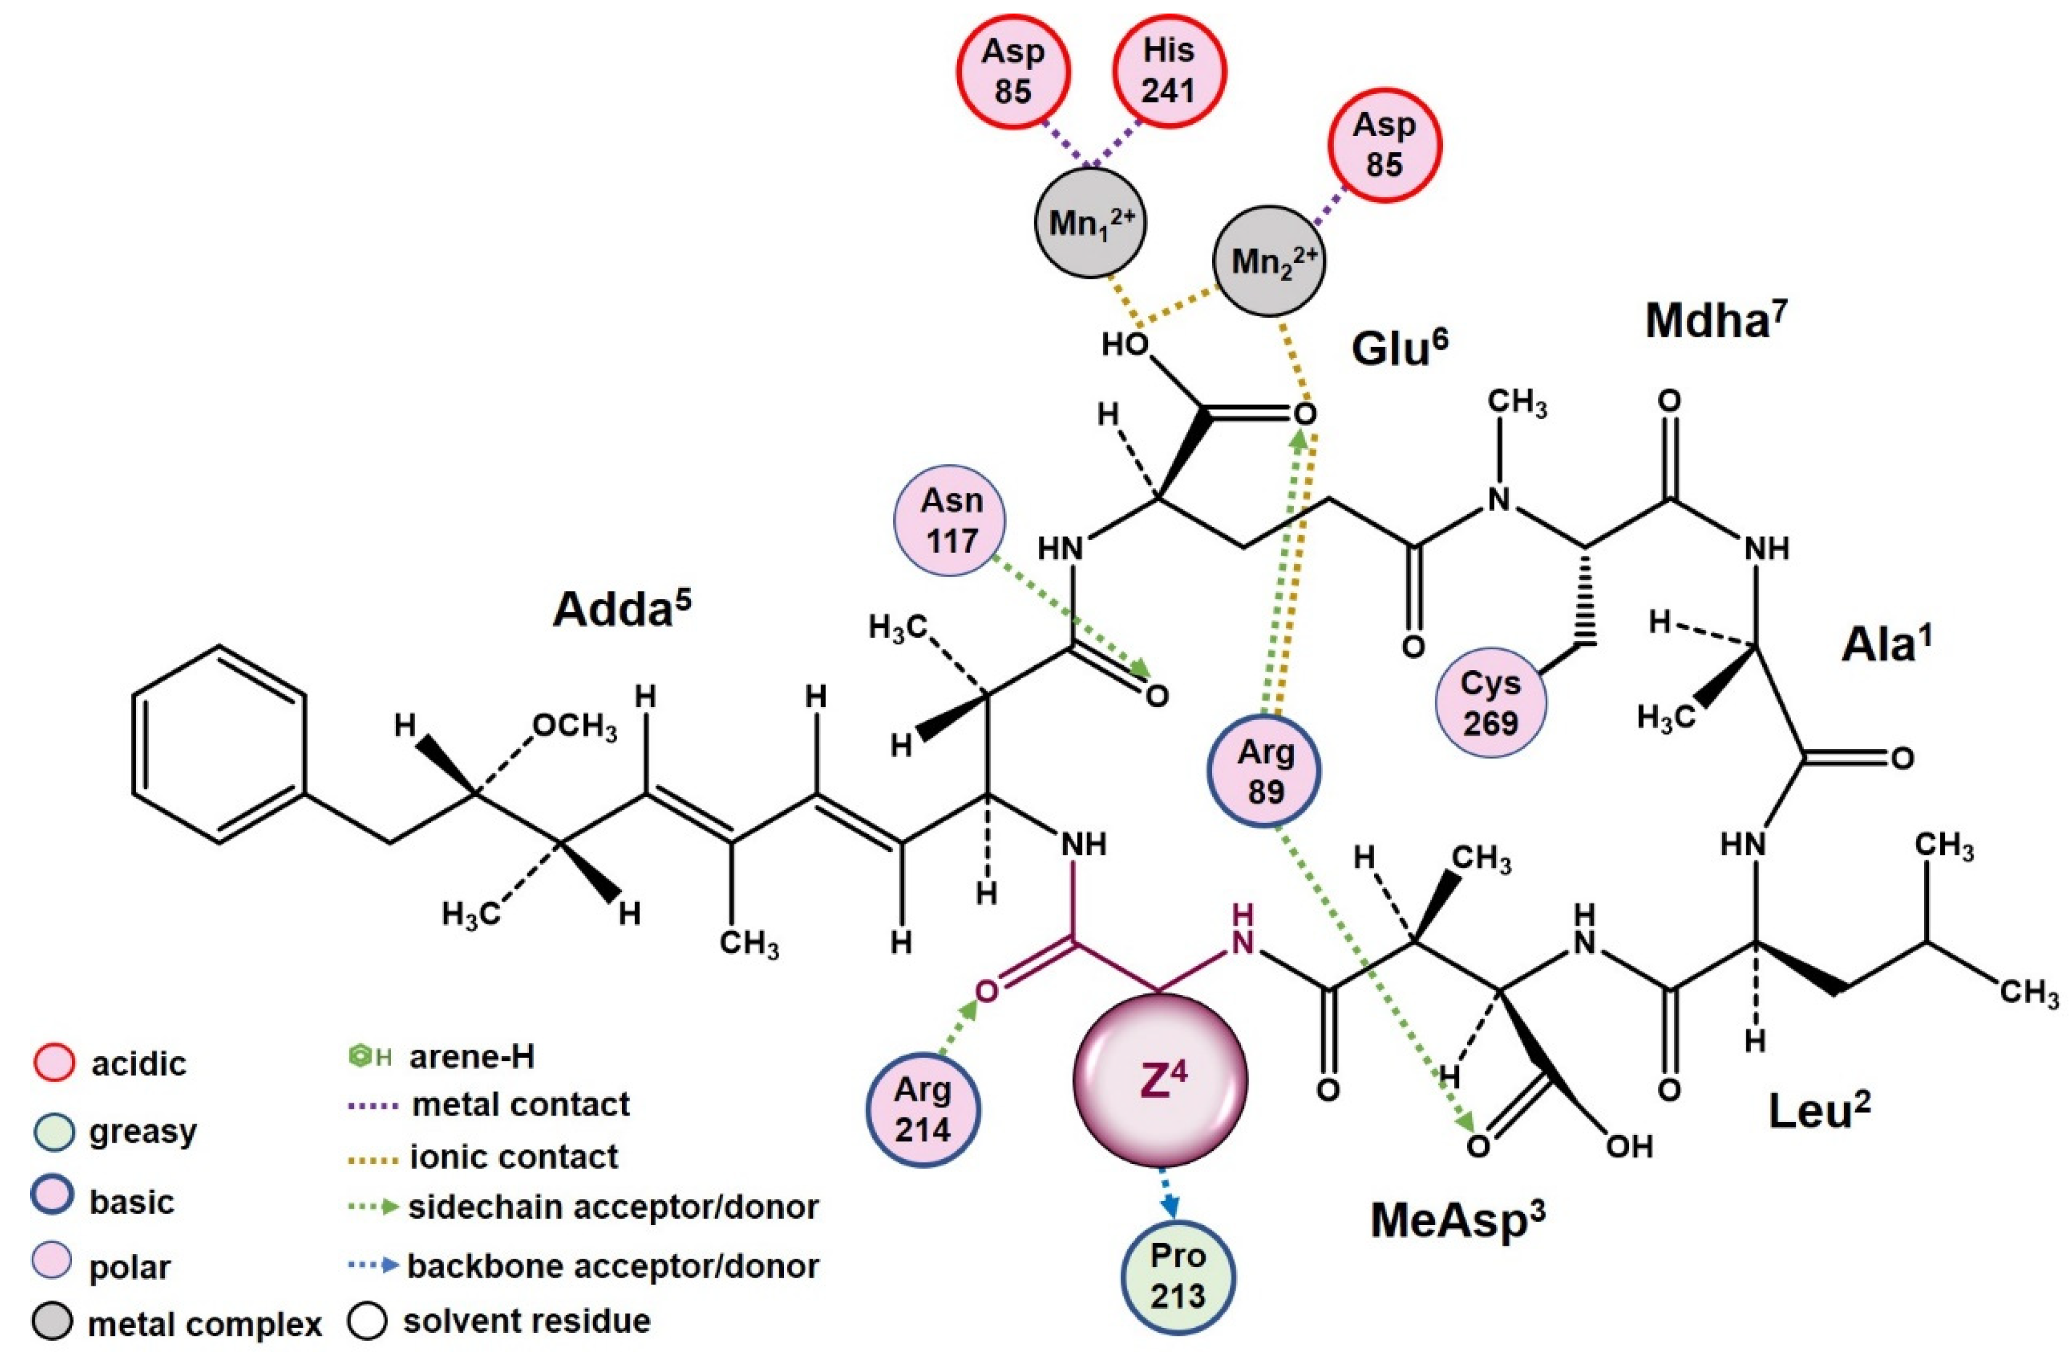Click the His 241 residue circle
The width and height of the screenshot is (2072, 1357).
(x=1169, y=71)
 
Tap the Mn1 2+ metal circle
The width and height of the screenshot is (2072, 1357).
(x=1090, y=223)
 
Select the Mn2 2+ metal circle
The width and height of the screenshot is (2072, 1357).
(x=1269, y=260)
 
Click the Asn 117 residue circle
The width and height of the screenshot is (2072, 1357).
(x=951, y=520)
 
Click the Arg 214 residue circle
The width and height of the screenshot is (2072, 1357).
(x=923, y=1109)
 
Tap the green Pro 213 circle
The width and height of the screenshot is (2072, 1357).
(x=1178, y=1276)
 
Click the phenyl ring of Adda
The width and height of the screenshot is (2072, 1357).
(x=219, y=744)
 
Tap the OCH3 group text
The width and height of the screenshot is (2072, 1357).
(x=575, y=727)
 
